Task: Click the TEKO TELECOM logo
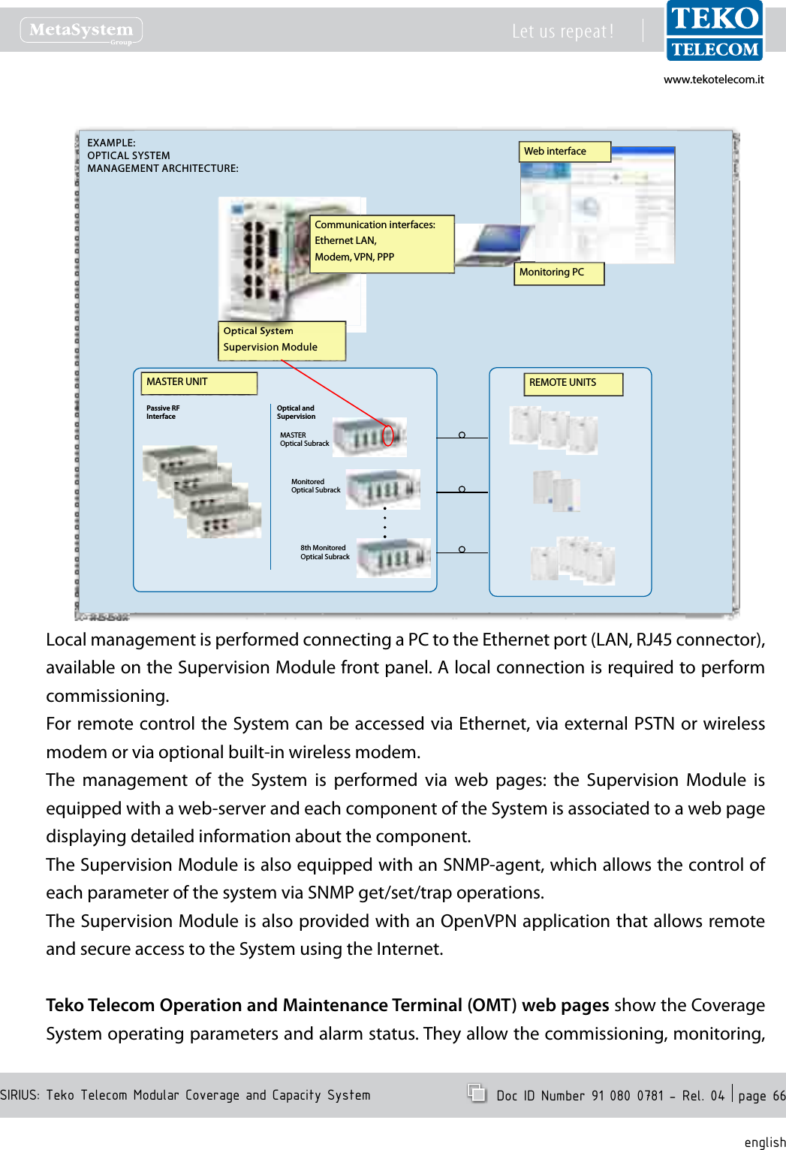coord(714,32)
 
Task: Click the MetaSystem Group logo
coord(81,31)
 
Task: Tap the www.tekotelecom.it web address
coord(713,80)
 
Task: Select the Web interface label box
coord(565,152)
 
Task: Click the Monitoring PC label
coord(559,272)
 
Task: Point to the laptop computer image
coord(492,245)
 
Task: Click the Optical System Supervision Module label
coord(282,340)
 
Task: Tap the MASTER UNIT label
coord(199,383)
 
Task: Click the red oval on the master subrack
coord(388,435)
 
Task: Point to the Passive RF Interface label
coord(163,413)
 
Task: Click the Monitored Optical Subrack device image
coord(383,489)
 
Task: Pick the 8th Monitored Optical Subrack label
coord(325,552)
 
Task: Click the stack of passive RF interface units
coord(201,492)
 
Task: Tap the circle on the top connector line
coord(462,435)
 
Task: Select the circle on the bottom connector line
coord(462,549)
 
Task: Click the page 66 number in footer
coord(761,1095)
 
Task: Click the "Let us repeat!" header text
coord(562,32)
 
